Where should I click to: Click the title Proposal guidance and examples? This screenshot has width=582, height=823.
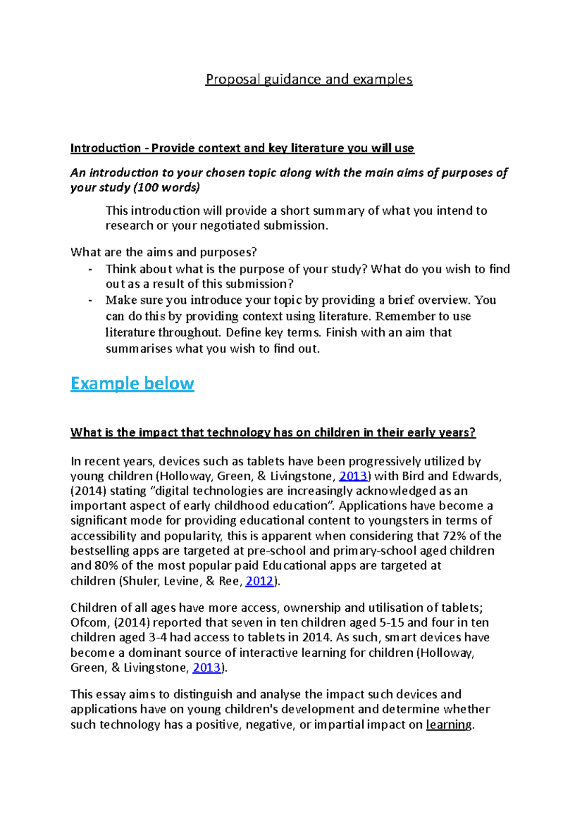(x=308, y=79)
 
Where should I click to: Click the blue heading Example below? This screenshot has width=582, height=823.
(x=132, y=383)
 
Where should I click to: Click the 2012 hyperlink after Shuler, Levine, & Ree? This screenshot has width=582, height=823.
(x=259, y=581)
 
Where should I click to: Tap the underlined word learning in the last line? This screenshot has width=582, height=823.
(x=449, y=725)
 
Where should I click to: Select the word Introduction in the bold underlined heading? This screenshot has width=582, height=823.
(x=105, y=148)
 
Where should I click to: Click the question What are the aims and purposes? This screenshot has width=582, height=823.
(x=163, y=252)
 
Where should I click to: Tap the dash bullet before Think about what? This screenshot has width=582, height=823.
(x=90, y=269)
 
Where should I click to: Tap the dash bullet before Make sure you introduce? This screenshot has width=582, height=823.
(x=90, y=301)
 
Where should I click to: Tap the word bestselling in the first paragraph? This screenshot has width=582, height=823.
(x=99, y=551)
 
